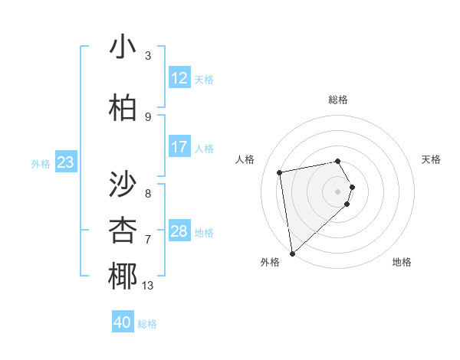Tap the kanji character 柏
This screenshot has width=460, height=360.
[x=123, y=109]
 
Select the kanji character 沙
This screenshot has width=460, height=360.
[x=123, y=184]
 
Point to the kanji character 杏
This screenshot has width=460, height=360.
[x=123, y=230]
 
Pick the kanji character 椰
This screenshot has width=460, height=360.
[x=123, y=276]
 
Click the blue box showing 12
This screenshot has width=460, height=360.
[x=179, y=78]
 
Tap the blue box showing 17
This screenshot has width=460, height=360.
[x=179, y=147]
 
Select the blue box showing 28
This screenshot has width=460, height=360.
[x=179, y=231]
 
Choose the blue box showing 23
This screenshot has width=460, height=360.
[x=65, y=162]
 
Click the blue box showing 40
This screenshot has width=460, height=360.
[x=123, y=322]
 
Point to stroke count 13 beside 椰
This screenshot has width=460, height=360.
[x=148, y=286]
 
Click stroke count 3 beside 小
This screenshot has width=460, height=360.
[x=148, y=56]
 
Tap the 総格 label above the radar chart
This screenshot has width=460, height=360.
[x=338, y=100]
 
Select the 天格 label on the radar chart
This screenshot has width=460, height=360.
[x=432, y=159]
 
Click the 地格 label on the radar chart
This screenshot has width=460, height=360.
[x=402, y=262]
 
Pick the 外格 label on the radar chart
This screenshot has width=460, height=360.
[x=270, y=262]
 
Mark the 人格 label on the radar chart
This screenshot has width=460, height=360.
[x=245, y=159]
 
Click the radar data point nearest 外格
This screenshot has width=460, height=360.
[x=291, y=253]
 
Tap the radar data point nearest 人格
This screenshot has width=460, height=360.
[x=280, y=172]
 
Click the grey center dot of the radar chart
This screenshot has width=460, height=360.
[x=338, y=191]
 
